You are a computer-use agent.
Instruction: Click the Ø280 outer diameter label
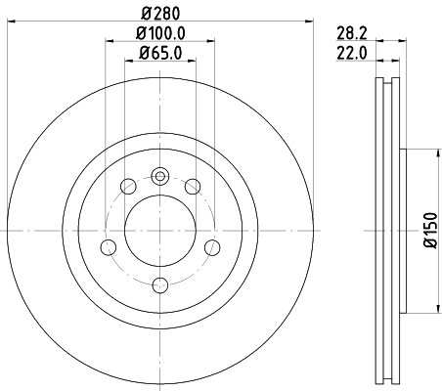click(x=160, y=14)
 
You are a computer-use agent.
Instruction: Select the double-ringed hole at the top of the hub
click(x=160, y=177)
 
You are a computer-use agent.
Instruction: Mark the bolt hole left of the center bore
click(x=110, y=247)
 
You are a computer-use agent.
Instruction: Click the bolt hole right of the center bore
click(x=211, y=247)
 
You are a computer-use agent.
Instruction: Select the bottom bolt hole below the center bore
click(x=160, y=284)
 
